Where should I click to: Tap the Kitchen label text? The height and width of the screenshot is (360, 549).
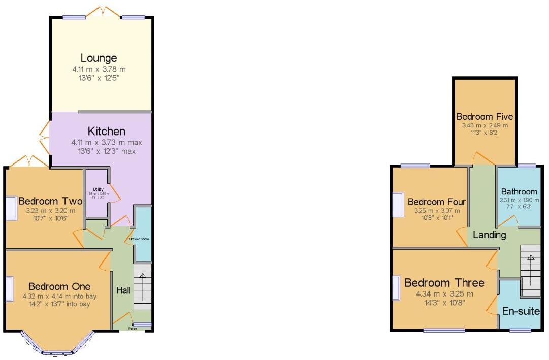click(x=106, y=132)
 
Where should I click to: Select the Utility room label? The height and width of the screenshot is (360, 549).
click(x=98, y=189)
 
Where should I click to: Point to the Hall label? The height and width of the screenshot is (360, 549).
click(x=124, y=291)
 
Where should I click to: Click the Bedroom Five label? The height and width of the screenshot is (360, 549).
click(x=485, y=117)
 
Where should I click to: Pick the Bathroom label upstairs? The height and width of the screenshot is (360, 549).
click(x=519, y=192)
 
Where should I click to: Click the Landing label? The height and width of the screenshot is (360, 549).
click(x=490, y=235)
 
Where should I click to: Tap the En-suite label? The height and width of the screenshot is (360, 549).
click(x=521, y=311)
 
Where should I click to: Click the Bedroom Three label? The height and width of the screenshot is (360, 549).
click(x=444, y=283)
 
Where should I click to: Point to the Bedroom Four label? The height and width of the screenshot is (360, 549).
click(x=437, y=202)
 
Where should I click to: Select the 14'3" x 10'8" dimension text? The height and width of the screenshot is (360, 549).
click(x=444, y=303)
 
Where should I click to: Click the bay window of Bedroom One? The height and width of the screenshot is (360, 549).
click(x=57, y=345)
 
